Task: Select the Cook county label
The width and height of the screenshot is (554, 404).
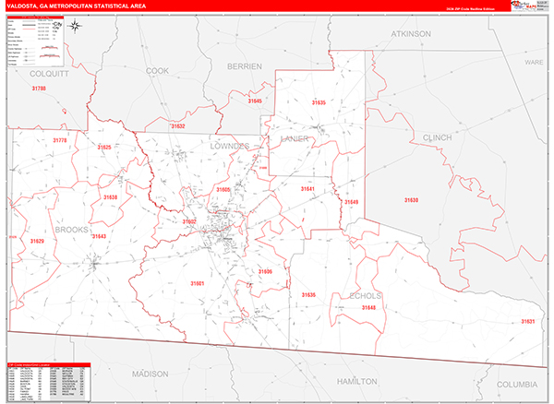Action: (x=158, y=70)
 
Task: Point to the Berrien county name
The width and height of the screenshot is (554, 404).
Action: (x=245, y=66)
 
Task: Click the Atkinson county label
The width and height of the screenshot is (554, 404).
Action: (x=411, y=34)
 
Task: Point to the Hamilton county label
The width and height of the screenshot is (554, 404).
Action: (x=356, y=380)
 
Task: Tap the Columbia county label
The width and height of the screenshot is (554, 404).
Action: (x=516, y=383)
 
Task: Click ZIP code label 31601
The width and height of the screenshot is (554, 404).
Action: (x=196, y=283)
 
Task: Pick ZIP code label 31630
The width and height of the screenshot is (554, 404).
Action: (x=410, y=200)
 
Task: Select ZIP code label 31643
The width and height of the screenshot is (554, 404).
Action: (x=99, y=237)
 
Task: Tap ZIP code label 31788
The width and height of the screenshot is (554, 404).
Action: (x=38, y=88)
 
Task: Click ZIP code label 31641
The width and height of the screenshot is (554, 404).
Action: (x=307, y=189)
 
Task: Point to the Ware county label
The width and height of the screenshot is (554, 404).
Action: (x=535, y=63)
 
